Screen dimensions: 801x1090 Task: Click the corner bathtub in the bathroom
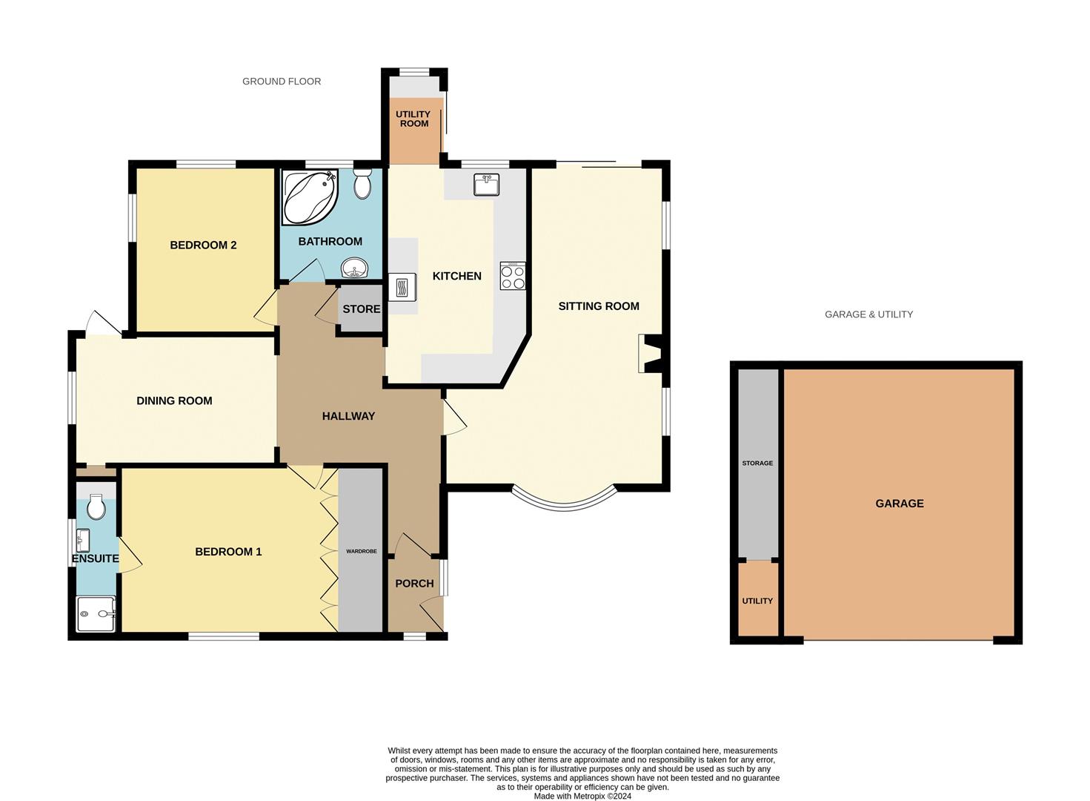coord(308,196)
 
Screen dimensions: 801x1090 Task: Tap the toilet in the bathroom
coord(362,184)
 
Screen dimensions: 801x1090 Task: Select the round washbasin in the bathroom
coord(354,268)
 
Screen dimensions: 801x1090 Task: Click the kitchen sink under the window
coord(486,185)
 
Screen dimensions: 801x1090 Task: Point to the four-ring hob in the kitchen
coord(513,277)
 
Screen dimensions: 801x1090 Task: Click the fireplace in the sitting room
coord(650,354)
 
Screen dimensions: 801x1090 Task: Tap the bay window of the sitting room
coord(564,502)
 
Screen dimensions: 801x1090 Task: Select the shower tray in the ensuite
coord(96,614)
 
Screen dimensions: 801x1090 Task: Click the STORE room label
coord(362,309)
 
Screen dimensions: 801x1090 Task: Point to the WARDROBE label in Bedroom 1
coord(362,552)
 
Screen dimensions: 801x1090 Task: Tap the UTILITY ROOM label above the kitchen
coord(413,119)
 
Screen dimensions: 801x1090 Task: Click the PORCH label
coord(414,584)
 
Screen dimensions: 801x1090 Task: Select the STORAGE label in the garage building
coord(757,464)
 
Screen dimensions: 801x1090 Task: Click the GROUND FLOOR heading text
coord(282,82)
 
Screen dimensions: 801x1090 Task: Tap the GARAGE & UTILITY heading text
coord(868,314)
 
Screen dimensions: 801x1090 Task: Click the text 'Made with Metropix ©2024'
coord(582,797)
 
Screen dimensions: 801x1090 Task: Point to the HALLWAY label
coord(348,417)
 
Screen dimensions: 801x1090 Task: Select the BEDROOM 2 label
coord(203,245)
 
